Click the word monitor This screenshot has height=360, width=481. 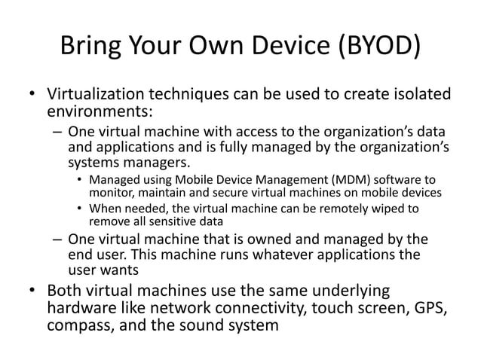pyautogui.click(x=112, y=193)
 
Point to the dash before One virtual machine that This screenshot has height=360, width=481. pyautogui.click(x=58, y=239)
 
